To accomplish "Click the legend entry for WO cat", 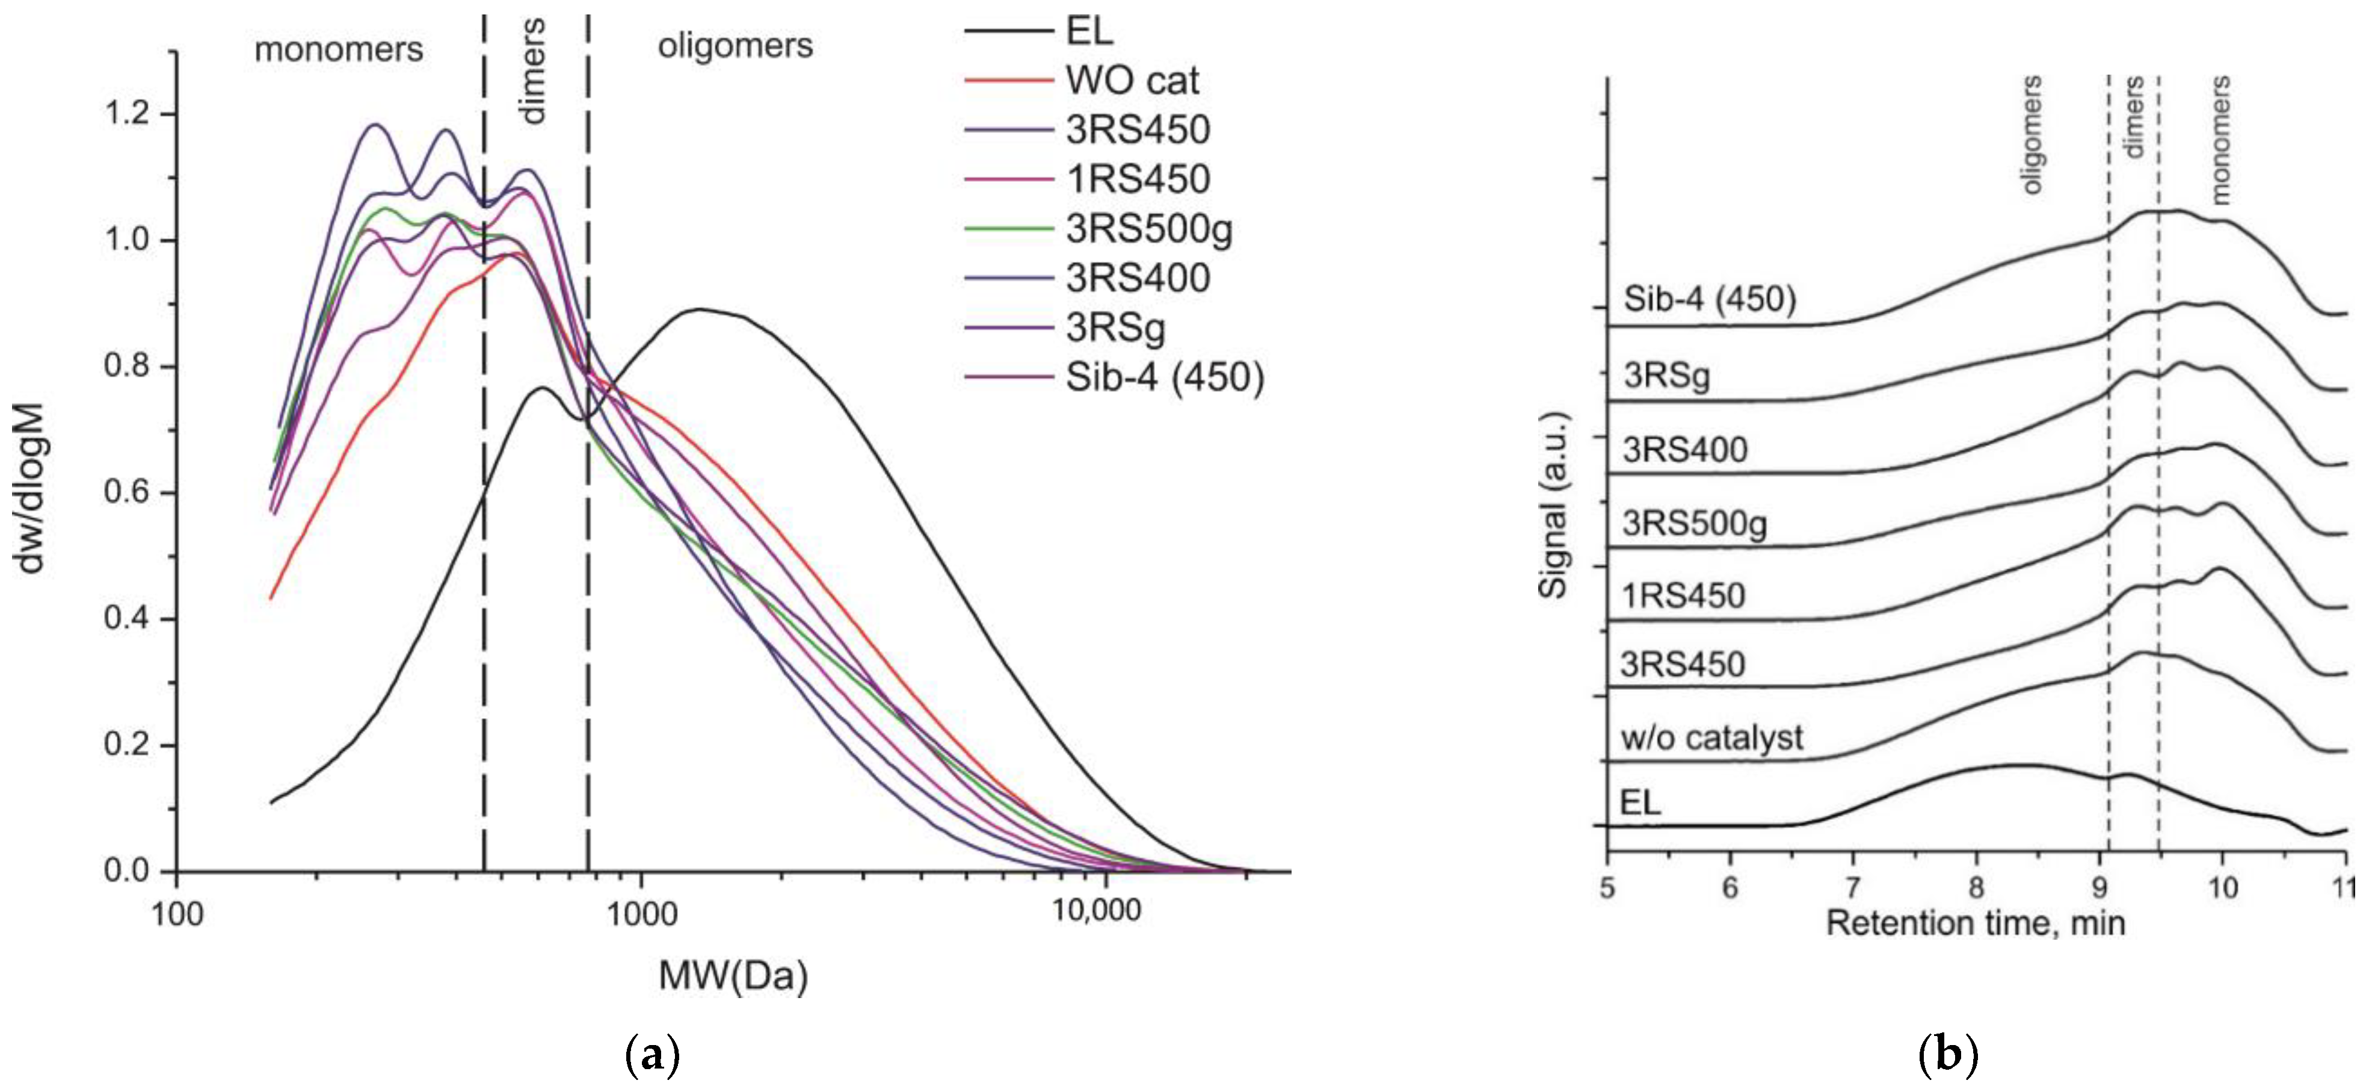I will (1131, 80).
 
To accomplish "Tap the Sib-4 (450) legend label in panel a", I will (1164, 377).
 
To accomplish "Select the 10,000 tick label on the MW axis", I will (1096, 911).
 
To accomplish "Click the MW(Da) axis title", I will (733, 975).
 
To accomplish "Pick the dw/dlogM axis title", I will (29, 488).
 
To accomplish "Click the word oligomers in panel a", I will (735, 45).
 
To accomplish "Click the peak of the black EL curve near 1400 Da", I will (701, 309).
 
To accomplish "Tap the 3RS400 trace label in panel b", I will (1685, 450).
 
